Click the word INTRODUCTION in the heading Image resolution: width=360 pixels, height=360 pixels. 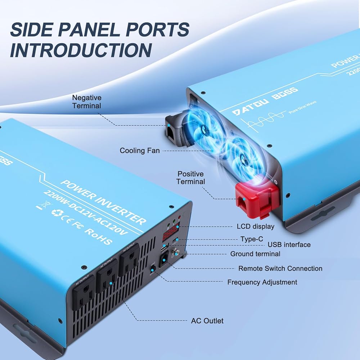[80, 50]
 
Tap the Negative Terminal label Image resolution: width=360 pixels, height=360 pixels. [87, 102]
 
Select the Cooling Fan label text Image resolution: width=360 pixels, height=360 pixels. [140, 150]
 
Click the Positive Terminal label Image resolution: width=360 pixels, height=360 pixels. [190, 178]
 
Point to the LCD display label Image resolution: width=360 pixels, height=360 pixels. [255, 226]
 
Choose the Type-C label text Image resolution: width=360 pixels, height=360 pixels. [252, 239]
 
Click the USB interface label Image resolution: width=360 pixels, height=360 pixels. [289, 245]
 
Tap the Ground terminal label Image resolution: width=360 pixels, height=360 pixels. [255, 254]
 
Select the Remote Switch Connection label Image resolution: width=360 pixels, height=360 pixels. [280, 269]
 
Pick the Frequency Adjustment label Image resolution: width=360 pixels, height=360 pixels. [262, 282]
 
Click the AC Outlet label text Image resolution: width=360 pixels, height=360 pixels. [207, 321]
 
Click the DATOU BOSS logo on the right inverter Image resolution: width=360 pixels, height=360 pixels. [265, 101]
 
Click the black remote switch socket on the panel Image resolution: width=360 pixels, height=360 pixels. [165, 258]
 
